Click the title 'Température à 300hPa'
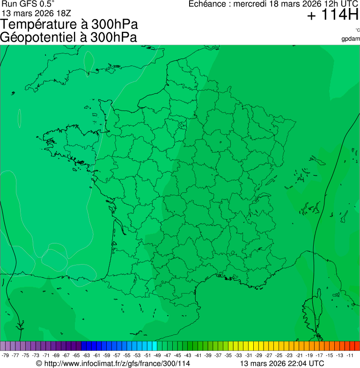click(x=69, y=25)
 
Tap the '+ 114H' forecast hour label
click(x=332, y=15)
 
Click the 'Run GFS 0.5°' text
click(x=27, y=4)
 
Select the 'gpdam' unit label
click(x=351, y=38)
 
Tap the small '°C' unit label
click(x=357, y=30)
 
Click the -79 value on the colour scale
click(x=6, y=355)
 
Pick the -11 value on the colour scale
click(x=350, y=355)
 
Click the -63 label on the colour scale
click(x=87, y=355)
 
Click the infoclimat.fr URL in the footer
click(x=117, y=363)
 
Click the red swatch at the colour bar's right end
click(x=357, y=346)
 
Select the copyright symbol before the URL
click(x=39, y=363)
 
